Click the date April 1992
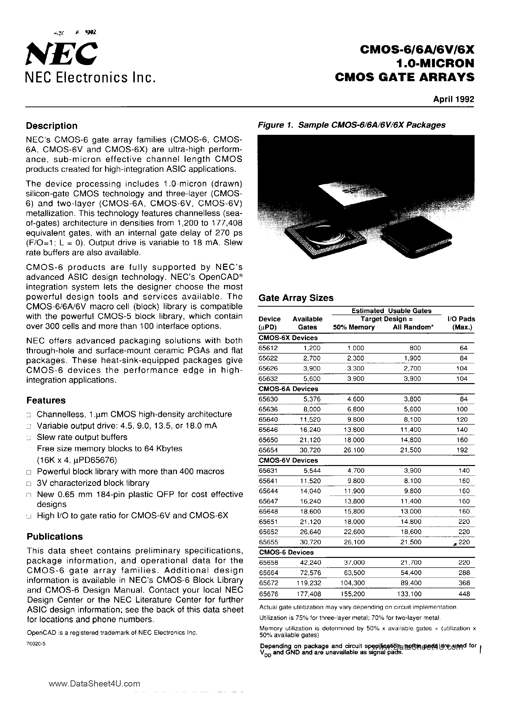pyautogui.click(x=453, y=99)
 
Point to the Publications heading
pyautogui.click(x=54, y=537)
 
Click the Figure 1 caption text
pyautogui.click(x=351, y=125)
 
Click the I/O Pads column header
pyautogui.click(x=461, y=323)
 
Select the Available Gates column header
pyautogui.click(x=307, y=323)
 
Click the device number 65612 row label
pyautogui.click(x=268, y=348)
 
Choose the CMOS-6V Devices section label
pyautogui.click(x=288, y=460)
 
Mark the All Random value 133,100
pyautogui.click(x=410, y=594)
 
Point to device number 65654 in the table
pyautogui.click(x=268, y=450)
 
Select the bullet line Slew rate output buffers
pyautogui.click(x=82, y=437)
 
